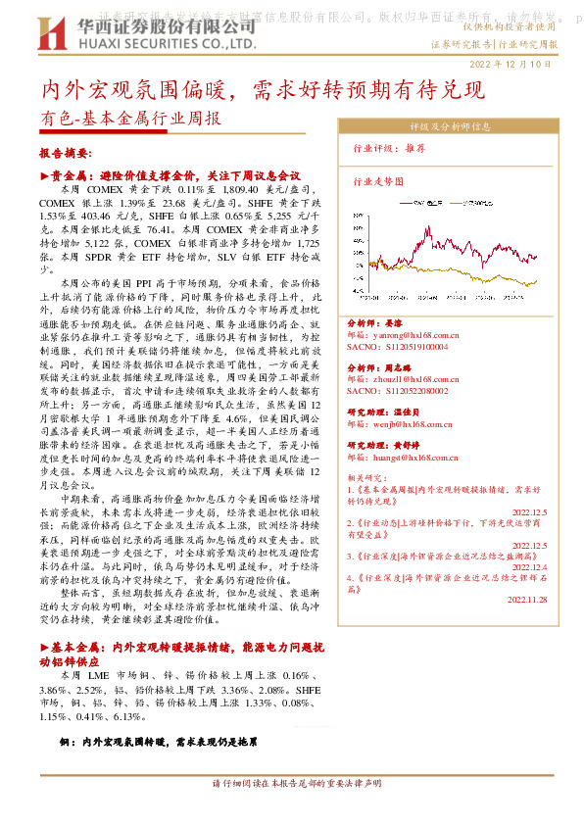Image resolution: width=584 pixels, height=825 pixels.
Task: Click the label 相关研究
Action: [x=366, y=476]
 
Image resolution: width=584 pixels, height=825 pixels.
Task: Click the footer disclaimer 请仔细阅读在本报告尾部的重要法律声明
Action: [x=297, y=783]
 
